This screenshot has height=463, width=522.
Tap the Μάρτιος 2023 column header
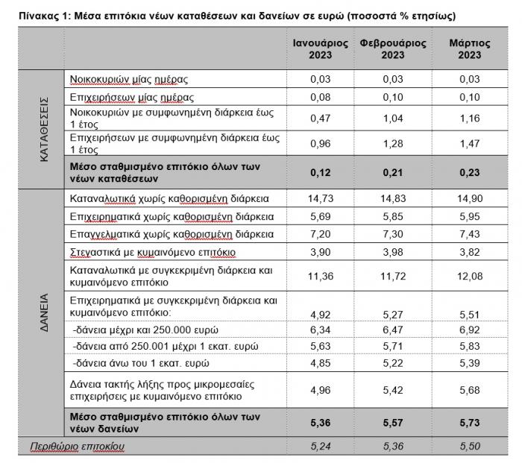click(470, 49)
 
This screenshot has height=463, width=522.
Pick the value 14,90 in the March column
click(470, 199)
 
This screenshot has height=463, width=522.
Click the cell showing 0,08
click(321, 97)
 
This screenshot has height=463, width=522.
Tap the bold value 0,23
click(470, 173)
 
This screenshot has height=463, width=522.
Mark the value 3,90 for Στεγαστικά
click(321, 251)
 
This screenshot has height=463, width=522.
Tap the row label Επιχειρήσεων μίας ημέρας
click(131, 97)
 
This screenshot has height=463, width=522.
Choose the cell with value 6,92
click(470, 329)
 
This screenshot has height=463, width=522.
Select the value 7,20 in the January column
click(321, 234)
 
